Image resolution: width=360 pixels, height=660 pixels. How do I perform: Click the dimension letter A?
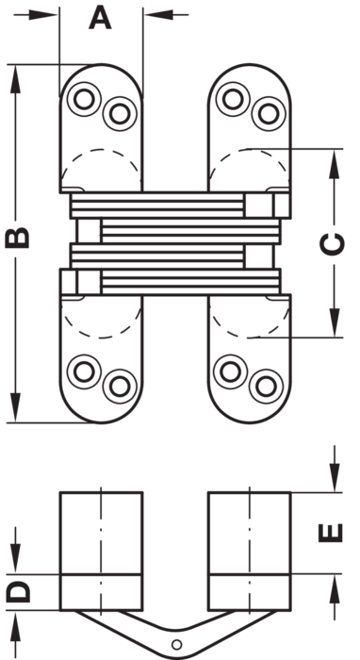point(100,19)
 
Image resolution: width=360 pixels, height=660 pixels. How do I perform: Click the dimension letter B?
point(17,238)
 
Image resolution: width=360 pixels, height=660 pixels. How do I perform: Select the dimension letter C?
point(333,244)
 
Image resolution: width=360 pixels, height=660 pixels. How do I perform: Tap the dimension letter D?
point(18,591)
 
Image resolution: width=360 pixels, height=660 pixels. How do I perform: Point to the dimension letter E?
point(331,533)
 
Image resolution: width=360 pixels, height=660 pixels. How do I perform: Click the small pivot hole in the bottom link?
point(177,644)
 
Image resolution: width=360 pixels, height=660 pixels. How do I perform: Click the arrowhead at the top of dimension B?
point(15,79)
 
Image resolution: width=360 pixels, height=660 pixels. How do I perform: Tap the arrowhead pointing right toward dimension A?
point(43,15)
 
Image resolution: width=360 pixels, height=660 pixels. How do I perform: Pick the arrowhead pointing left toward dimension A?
point(159,15)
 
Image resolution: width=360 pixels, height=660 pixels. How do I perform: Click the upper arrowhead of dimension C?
point(335,164)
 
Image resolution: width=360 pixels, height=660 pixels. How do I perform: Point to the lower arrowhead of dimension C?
point(335,322)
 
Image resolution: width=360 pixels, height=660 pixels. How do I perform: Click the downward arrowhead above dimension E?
point(335,477)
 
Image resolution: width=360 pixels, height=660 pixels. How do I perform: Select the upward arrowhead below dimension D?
point(15,625)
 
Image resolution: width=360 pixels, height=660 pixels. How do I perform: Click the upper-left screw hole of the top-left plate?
point(84,99)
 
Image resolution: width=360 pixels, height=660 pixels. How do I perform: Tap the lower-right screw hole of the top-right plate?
point(269,114)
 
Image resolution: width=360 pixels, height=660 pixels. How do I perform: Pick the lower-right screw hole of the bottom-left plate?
point(120,386)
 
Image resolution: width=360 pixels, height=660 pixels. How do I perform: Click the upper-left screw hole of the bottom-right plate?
point(231,371)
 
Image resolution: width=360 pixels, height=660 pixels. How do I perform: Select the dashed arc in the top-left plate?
point(100,149)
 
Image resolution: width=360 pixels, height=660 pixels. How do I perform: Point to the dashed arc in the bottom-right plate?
point(250,338)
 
